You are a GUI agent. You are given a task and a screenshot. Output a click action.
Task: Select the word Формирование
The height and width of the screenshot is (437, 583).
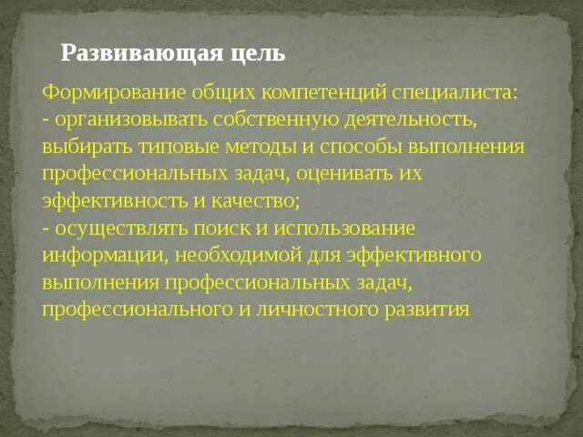point(104,94)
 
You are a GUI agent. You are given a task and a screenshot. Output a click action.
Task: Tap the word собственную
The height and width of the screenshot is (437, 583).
point(271,120)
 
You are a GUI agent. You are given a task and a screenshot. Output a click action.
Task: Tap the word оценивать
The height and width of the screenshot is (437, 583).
point(346,173)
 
